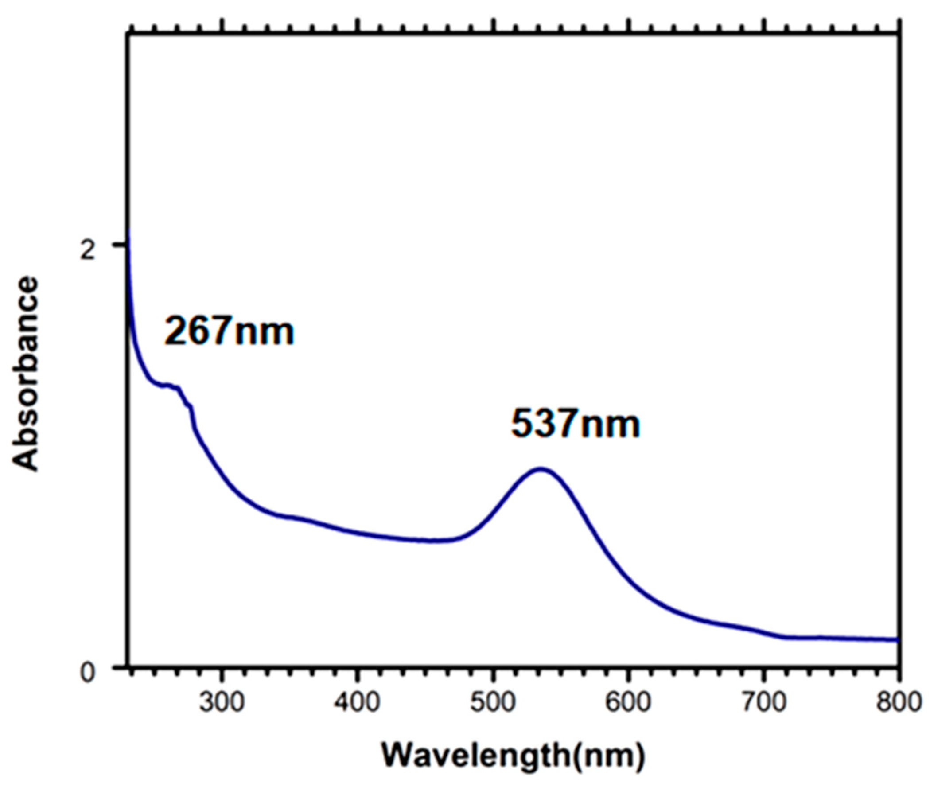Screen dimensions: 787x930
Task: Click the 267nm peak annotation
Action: click(x=229, y=331)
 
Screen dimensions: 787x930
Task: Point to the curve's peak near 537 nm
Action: click(x=541, y=468)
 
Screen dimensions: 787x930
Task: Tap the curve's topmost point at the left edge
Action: click(x=128, y=231)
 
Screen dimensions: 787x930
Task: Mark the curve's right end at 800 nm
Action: click(x=898, y=640)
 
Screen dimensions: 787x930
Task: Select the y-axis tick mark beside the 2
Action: click(x=120, y=245)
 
